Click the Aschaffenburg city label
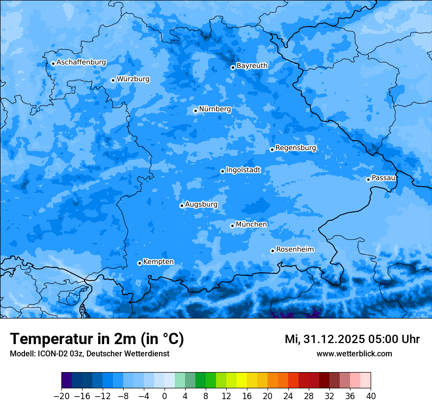tap(81, 62)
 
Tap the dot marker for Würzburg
tap(113, 80)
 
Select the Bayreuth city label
tap(252, 65)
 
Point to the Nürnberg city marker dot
tap(195, 111)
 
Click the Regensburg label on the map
tap(296, 147)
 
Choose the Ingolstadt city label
tap(243, 170)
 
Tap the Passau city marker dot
tap(368, 179)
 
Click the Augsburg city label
tap(201, 204)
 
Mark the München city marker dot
tap(232, 226)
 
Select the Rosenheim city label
tap(295, 249)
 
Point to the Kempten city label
tap(158, 262)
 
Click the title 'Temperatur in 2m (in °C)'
tap(97, 339)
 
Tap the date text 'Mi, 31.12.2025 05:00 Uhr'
tap(352, 339)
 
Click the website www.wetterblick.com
tap(354, 353)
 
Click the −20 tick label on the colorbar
tap(61, 396)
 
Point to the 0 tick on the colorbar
tap(164, 396)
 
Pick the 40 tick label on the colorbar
tap(371, 396)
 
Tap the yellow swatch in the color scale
tap(242, 380)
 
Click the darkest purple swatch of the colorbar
tap(67, 380)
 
